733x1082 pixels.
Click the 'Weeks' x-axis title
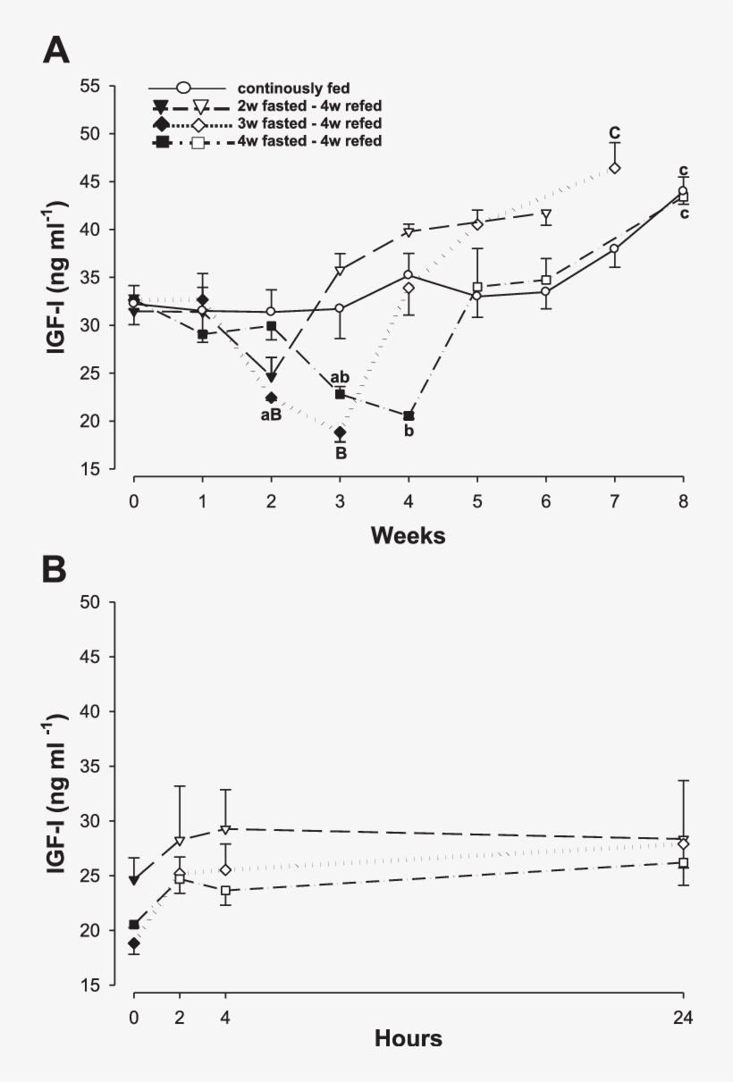point(409,535)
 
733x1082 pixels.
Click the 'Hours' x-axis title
point(409,1038)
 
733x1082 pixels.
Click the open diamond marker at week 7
point(615,168)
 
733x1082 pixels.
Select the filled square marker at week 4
point(409,415)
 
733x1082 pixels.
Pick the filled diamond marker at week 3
point(340,432)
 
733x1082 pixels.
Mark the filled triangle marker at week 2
point(272,377)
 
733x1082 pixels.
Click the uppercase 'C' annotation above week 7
point(615,134)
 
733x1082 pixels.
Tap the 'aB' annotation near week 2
point(271,415)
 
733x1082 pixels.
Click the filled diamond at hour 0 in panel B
point(134,943)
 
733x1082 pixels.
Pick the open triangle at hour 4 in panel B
point(225,830)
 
